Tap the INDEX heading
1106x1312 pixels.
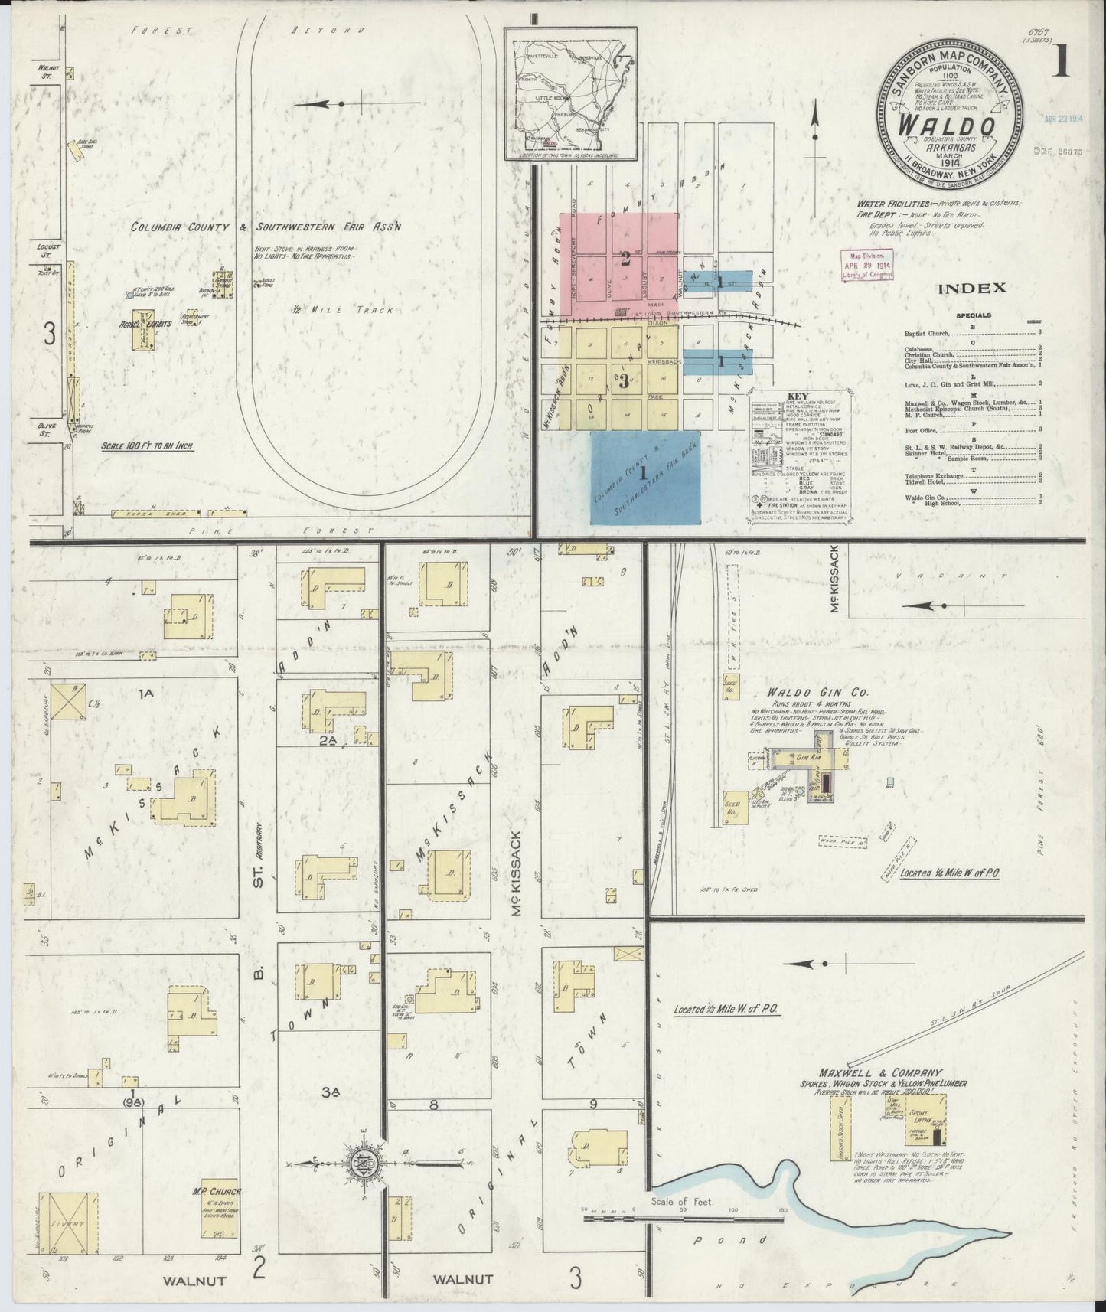(971, 289)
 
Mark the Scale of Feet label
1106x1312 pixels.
(683, 1202)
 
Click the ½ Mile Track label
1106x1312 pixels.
(320, 311)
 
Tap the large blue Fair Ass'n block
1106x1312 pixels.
(647, 476)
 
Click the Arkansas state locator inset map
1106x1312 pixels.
(571, 96)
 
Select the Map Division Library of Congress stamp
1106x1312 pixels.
(866, 264)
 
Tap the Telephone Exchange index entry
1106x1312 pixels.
(934, 475)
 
